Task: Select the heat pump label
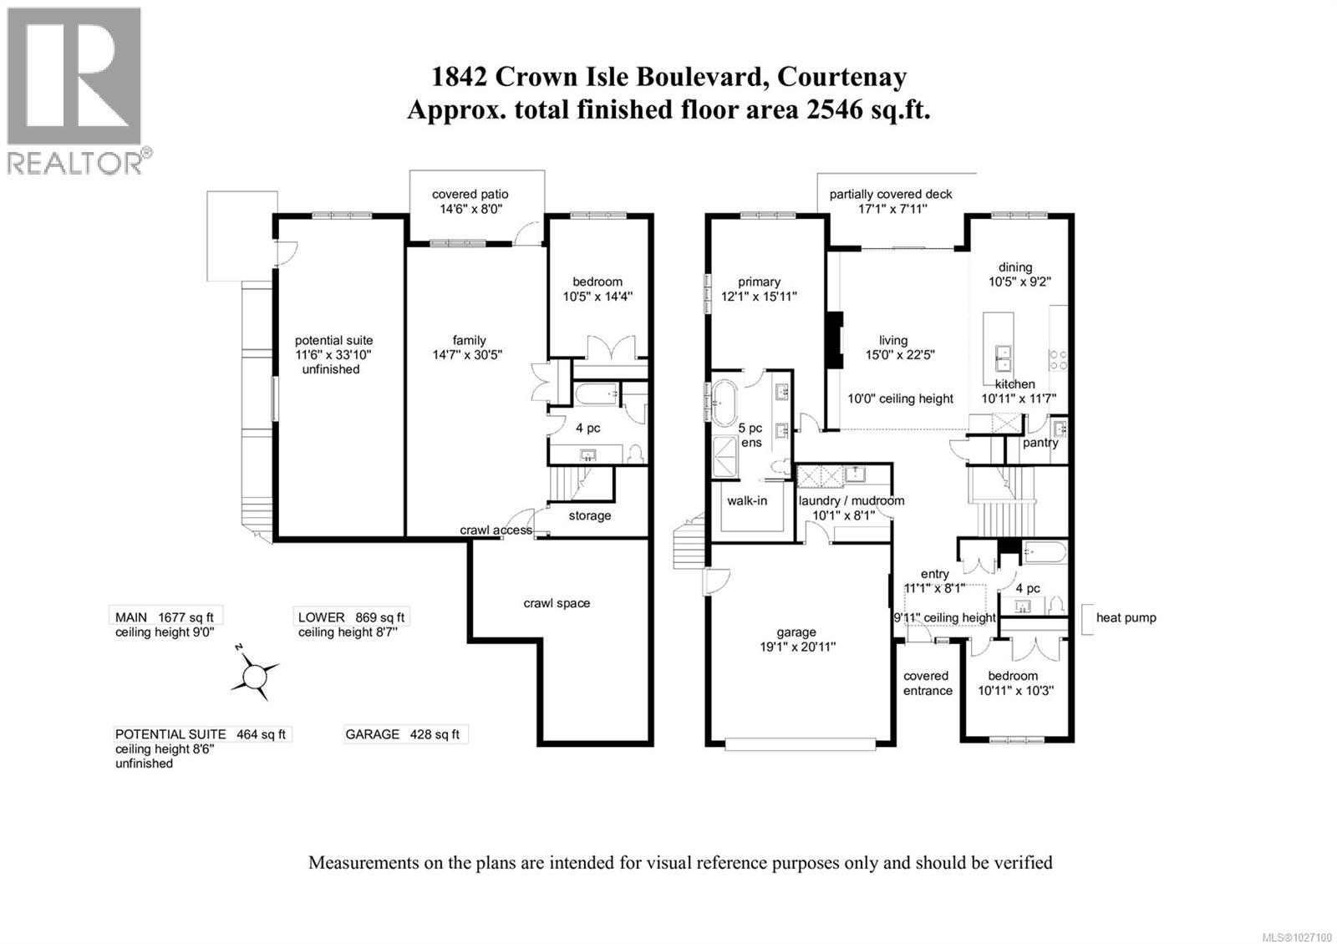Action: pos(1126,617)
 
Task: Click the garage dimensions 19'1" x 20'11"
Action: pos(795,647)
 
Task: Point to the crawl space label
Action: pos(557,603)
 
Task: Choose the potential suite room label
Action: pos(333,341)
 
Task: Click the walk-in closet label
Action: pos(746,500)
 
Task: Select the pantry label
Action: pos(1040,443)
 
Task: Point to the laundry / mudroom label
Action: pos(851,500)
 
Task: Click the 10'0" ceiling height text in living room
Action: pos(900,398)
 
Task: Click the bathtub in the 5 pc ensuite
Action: pos(721,403)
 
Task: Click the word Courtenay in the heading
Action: pos(841,77)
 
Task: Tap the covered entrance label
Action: pos(927,683)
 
